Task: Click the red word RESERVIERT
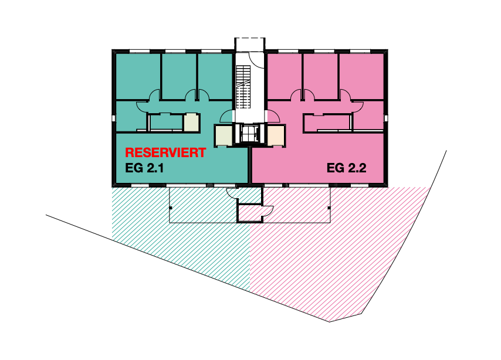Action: pos(165,152)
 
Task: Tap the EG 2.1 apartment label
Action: pos(144,168)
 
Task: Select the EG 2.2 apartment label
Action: pos(346,168)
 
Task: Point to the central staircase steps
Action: pos(243,86)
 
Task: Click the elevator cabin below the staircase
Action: pos(250,134)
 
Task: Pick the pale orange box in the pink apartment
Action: pos(275,135)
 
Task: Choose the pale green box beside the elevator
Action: pos(224,135)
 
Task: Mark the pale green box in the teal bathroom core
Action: pos(191,122)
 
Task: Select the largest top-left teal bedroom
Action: pos(138,77)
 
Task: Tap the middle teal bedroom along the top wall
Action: pos(179,77)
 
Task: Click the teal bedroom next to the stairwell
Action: pos(215,77)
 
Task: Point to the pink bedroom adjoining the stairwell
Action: pos(284,77)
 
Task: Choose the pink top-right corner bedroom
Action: pos(361,77)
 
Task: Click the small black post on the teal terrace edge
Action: pos(171,208)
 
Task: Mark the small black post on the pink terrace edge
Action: pos(329,208)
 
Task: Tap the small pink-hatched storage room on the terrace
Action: pos(250,213)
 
